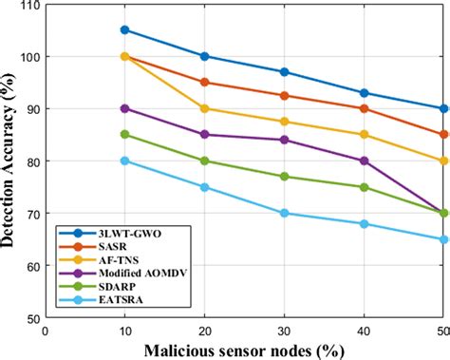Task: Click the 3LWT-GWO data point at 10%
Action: [124, 29]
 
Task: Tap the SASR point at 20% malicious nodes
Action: [204, 82]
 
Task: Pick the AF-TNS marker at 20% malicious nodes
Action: [204, 108]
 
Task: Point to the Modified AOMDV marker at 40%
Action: [365, 161]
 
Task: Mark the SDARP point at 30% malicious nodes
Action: [285, 177]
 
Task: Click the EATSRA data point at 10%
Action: [124, 161]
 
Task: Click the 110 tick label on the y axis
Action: [28, 6]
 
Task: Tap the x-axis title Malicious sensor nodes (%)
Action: [244, 350]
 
